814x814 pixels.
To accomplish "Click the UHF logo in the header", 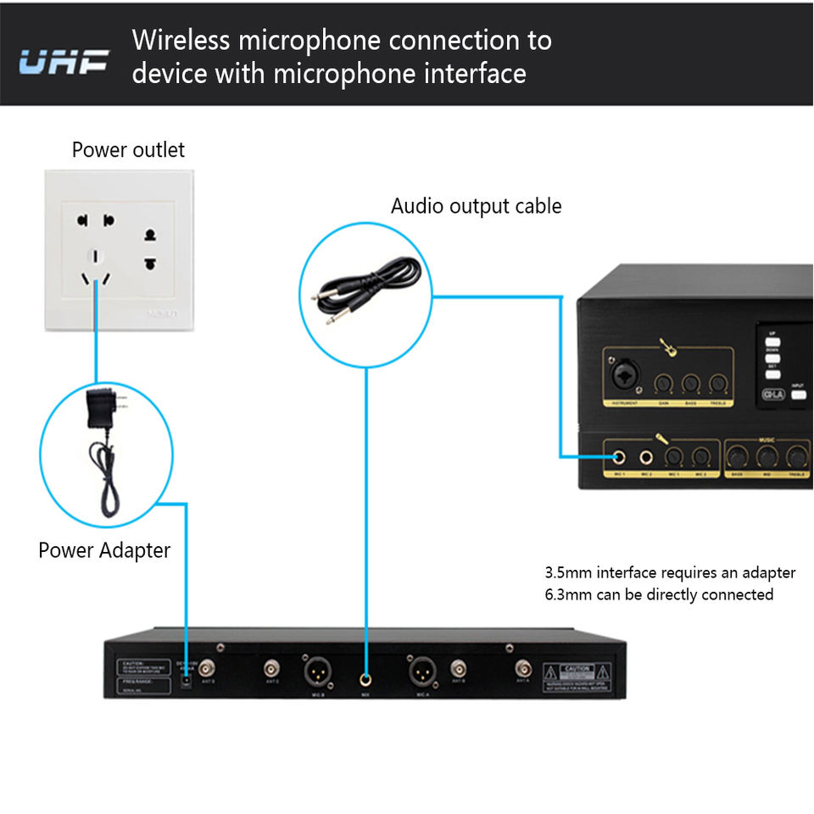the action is (x=64, y=61).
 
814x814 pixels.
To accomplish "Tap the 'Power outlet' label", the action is (x=128, y=150).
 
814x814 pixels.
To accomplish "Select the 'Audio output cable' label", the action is (x=476, y=206).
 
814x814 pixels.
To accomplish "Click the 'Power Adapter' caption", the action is (x=104, y=550).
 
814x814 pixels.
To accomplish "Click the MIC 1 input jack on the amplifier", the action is (x=620, y=459).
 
